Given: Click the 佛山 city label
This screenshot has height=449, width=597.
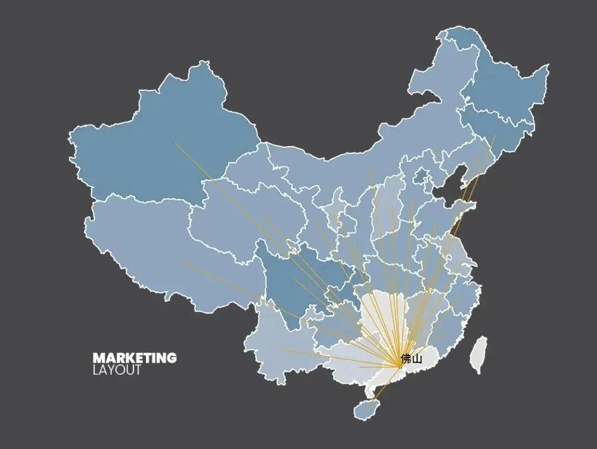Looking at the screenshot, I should coord(411,358).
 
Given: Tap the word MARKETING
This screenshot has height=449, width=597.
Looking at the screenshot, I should coord(134,358).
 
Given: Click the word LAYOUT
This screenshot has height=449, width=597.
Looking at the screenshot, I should coord(117,370).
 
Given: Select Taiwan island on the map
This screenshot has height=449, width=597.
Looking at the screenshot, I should coord(479,354).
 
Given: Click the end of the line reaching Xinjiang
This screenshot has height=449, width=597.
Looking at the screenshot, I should coord(176,143).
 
